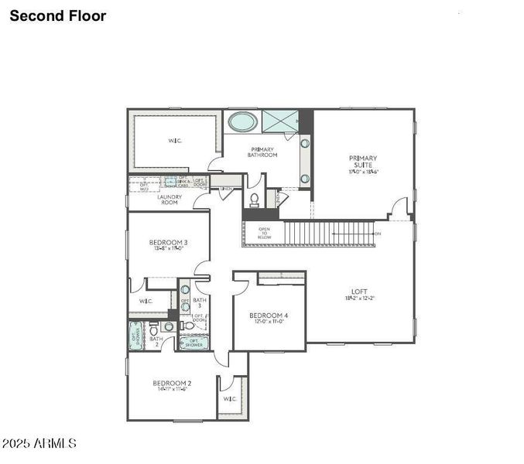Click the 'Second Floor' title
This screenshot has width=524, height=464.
coord(58,15)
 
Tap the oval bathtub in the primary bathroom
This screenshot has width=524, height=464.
coord(242,122)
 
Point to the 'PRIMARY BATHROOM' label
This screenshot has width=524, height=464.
coord(262,152)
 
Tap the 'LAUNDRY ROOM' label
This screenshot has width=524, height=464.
coord(170,200)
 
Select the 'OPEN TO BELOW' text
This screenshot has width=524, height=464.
coord(264,233)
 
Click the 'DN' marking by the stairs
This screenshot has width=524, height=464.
coord(377,233)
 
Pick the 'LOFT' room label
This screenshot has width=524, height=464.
coord(358,292)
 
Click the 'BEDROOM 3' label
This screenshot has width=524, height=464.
coord(168,243)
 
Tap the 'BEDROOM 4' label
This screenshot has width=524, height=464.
coord(269,316)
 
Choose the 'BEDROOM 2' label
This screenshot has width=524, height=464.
coord(172,384)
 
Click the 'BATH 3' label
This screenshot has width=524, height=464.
coord(200,302)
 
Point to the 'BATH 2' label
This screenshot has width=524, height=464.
coord(156,339)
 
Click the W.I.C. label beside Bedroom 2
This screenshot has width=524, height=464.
coord(230,399)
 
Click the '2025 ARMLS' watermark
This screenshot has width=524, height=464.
coord(39,443)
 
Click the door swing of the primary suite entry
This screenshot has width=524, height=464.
coord(398,207)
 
